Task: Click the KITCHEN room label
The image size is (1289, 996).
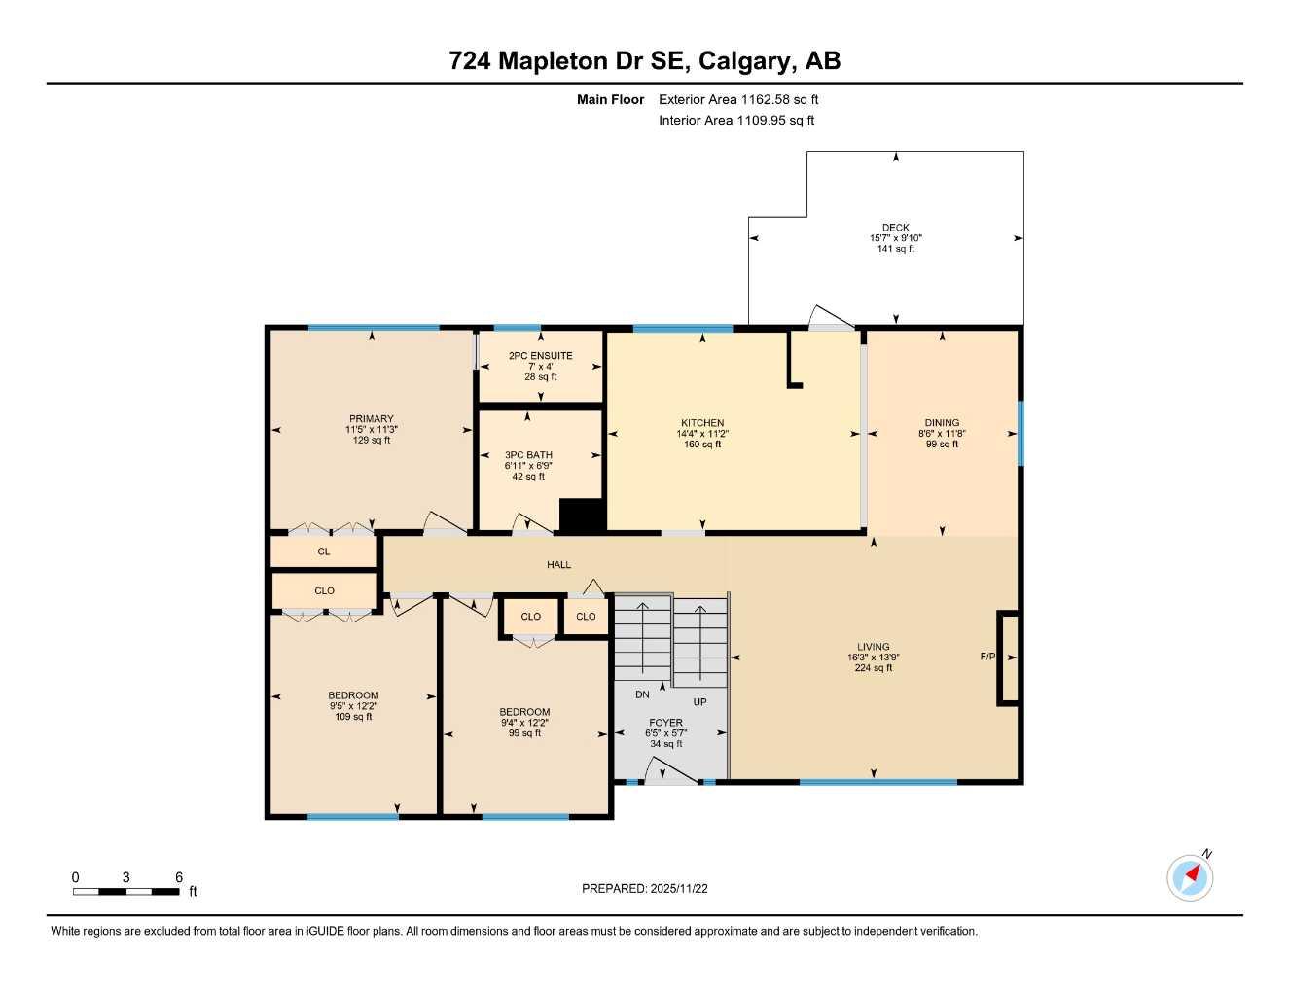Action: [x=702, y=423]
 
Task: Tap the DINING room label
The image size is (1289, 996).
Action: [x=942, y=423]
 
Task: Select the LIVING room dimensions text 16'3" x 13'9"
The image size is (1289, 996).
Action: [x=873, y=658]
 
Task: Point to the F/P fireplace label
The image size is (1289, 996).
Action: [x=987, y=657]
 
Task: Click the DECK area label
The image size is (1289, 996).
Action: [x=895, y=228]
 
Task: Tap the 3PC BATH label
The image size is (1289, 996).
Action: [x=528, y=455]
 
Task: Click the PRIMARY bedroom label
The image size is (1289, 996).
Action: [x=372, y=419]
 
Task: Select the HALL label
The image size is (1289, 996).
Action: [x=558, y=565]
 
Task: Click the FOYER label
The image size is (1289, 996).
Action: [x=666, y=723]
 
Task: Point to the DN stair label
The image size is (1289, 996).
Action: [x=642, y=694]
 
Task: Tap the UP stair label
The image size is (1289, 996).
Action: [x=699, y=702]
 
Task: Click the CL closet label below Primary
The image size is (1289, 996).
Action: [x=324, y=551]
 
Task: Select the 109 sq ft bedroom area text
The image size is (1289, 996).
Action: [x=353, y=717]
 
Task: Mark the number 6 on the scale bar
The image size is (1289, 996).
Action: [x=179, y=877]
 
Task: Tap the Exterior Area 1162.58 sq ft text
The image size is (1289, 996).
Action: [x=738, y=99]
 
